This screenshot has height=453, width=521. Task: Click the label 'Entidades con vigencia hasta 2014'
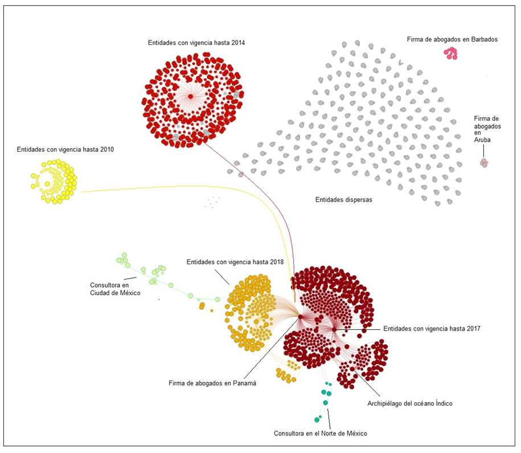click(x=196, y=43)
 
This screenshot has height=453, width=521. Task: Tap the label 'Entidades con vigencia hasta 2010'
click(x=65, y=150)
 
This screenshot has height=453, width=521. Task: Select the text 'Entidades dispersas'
click(x=343, y=200)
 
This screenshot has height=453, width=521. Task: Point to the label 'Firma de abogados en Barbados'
click(x=452, y=39)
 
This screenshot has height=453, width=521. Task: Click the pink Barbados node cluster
click(x=451, y=53)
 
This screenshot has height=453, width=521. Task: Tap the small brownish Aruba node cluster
click(x=484, y=163)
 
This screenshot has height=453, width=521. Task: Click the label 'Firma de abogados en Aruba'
click(x=487, y=129)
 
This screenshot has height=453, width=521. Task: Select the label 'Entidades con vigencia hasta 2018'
click(x=235, y=262)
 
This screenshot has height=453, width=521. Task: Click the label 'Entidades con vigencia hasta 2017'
click(x=432, y=329)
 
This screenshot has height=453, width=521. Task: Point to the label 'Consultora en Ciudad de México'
click(x=115, y=289)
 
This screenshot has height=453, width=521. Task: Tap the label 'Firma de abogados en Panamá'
click(x=212, y=383)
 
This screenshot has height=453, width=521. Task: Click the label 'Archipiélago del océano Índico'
click(x=410, y=403)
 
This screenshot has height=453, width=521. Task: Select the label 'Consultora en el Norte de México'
click(x=321, y=434)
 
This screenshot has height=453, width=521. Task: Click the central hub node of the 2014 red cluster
click(x=190, y=96)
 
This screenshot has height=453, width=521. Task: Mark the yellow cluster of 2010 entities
click(x=54, y=181)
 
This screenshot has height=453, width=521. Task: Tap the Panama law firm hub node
click(x=301, y=317)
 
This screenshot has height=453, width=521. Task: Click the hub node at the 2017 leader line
click(x=334, y=329)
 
